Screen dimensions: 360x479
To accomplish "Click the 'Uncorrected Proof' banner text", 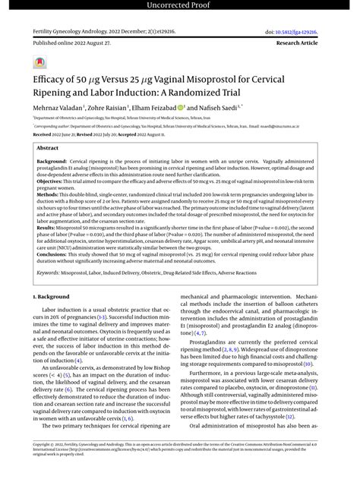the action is pyautogui.click(x=180, y=5).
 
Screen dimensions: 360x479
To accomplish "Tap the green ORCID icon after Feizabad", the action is pyautogui.click(x=182, y=109).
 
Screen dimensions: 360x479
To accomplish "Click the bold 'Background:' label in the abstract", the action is pyautogui.click(x=52, y=162).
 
